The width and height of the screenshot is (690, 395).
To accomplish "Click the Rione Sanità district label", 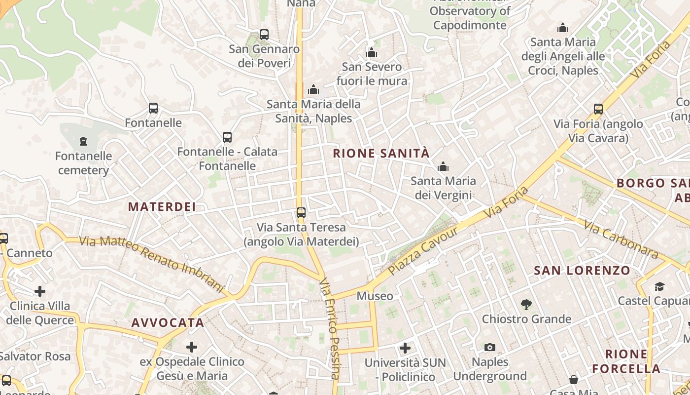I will click(381, 153).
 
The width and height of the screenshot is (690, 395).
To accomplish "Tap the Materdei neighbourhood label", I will click(162, 207).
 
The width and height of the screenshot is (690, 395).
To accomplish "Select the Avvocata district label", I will click(168, 323).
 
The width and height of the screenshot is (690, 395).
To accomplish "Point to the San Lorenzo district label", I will click(582, 271).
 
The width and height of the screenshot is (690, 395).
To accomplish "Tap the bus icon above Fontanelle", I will click(153, 108).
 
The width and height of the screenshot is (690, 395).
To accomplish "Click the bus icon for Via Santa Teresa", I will click(301, 213).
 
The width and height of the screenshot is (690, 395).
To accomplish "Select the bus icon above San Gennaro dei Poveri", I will click(264, 35).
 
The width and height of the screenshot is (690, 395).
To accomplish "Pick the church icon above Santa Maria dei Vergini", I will click(443, 166).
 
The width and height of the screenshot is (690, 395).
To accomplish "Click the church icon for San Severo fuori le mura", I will click(372, 52).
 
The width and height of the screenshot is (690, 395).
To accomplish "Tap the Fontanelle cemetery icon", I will click(83, 142).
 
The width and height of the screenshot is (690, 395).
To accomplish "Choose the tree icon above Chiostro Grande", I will click(526, 304).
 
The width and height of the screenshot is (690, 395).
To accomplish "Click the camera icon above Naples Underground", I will click(489, 347).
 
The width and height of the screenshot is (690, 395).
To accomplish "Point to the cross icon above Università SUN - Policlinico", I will click(405, 348).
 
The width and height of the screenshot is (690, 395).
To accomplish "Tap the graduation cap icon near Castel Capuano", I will click(659, 286).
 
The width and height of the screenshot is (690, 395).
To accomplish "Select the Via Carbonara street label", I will click(621, 240).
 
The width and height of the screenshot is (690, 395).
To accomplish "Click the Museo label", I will click(375, 296).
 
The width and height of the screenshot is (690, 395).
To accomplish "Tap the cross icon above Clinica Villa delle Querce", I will click(40, 291).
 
